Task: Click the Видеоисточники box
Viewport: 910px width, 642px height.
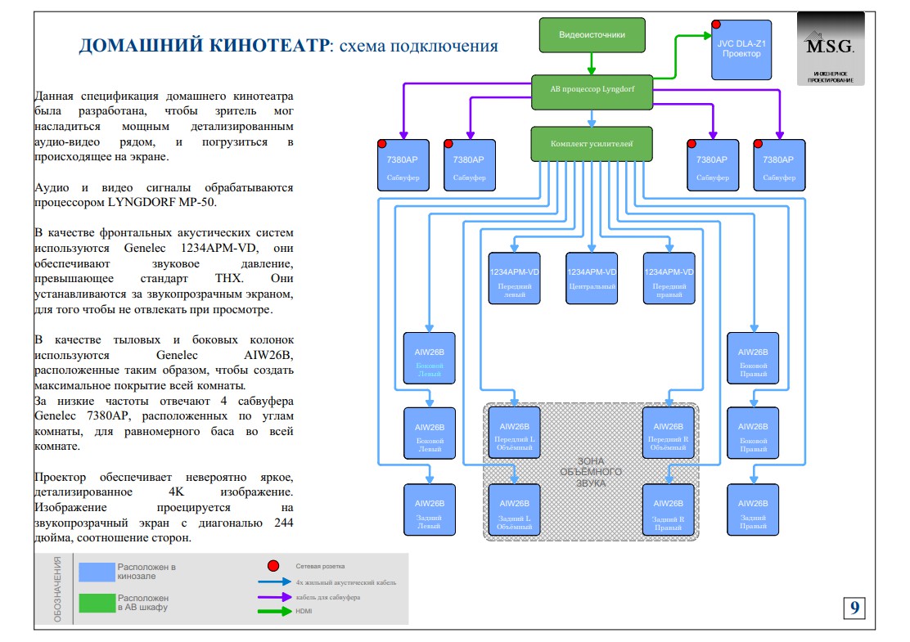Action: [592, 35]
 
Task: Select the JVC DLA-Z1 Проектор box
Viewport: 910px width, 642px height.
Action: [741, 49]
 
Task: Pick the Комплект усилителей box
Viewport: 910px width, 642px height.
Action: [592, 143]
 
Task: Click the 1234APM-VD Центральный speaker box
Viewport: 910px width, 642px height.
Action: [592, 278]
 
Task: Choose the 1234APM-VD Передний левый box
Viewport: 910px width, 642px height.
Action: [515, 278]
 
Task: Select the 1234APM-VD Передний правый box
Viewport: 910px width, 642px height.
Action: [669, 278]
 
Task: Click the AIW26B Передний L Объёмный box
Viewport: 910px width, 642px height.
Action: [515, 433]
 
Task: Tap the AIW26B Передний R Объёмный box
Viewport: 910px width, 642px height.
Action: [669, 433]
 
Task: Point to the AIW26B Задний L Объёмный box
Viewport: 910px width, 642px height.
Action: [515, 510]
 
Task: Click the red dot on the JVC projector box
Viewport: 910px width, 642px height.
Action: [716, 25]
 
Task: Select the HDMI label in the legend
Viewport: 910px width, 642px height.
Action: [304, 612]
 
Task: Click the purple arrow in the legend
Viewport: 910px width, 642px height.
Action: [274, 597]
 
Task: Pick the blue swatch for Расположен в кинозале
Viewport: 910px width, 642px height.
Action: [96, 572]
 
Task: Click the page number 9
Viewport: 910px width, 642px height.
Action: [854, 608]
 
